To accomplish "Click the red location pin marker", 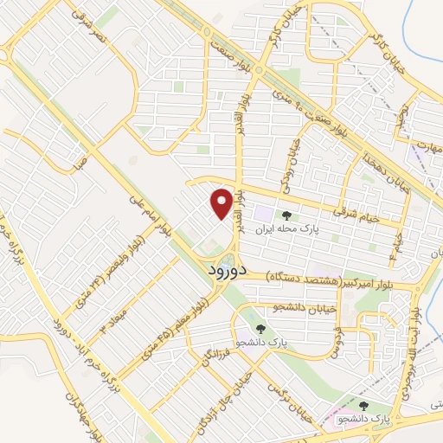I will (222, 204).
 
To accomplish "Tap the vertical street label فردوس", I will (336, 330).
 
